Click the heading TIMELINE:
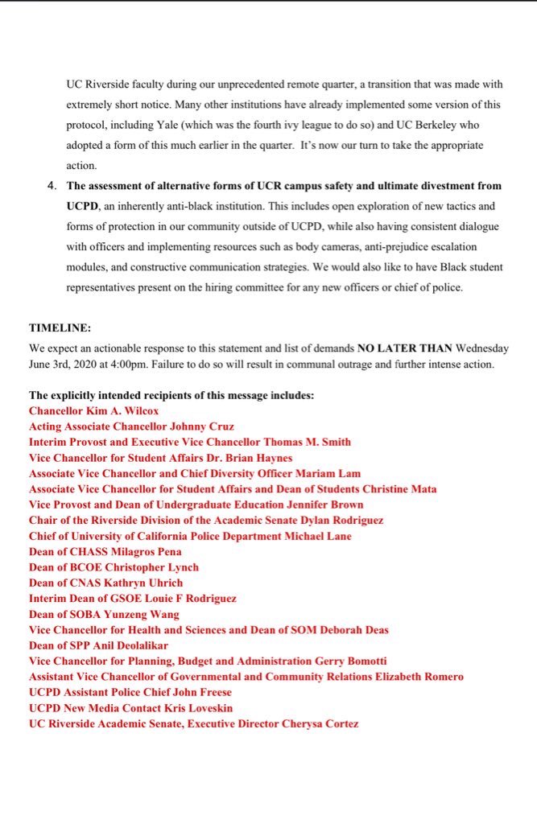[60, 329]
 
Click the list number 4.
[52, 185]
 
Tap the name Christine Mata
[399, 488]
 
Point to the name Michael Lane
[319, 536]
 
